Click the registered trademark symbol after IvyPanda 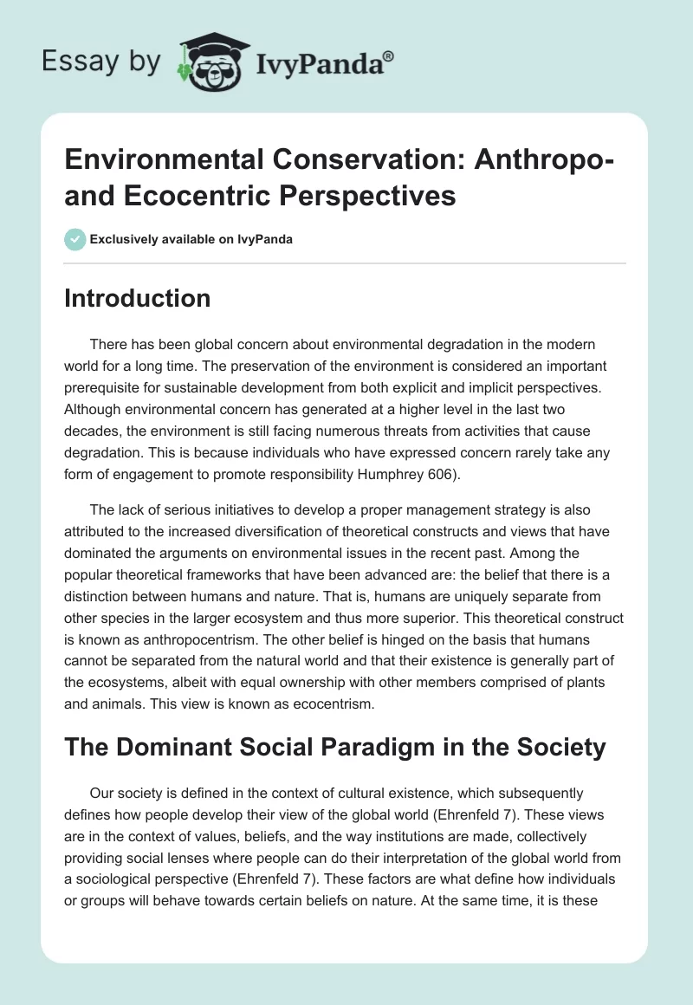point(389,56)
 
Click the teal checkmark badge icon point(75,239)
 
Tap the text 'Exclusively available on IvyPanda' point(192,240)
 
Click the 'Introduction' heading point(138,298)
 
